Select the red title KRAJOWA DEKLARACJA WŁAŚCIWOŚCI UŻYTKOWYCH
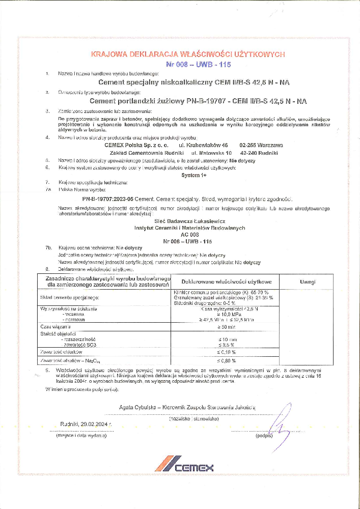[x=188, y=54]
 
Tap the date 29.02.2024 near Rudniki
[x=94, y=423]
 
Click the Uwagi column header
[x=308, y=281]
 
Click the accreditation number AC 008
[x=187, y=235]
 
